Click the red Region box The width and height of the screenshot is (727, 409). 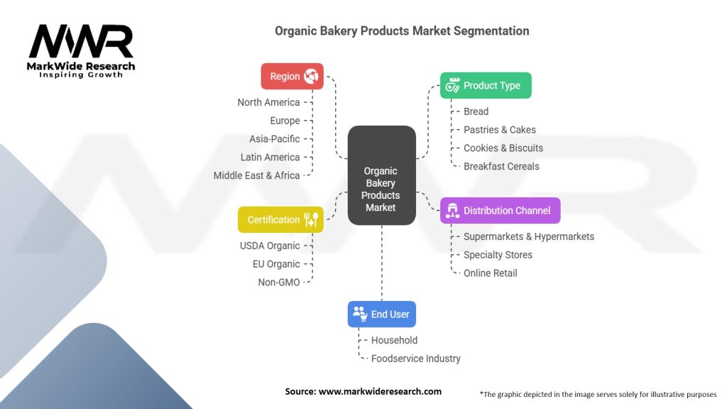pyautogui.click(x=292, y=76)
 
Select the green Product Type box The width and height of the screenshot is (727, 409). pyautogui.click(x=485, y=85)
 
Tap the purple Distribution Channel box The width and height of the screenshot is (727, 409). pyautogui.click(x=500, y=210)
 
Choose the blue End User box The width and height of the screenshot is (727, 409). pyautogui.click(x=381, y=314)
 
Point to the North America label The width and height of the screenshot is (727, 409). pyautogui.click(x=268, y=102)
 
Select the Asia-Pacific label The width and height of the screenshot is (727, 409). pyautogui.click(x=274, y=138)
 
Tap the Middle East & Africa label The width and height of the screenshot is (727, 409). pyautogui.click(x=256, y=175)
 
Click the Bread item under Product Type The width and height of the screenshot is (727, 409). pyautogui.click(x=476, y=111)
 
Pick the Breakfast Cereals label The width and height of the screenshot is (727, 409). pyautogui.click(x=501, y=166)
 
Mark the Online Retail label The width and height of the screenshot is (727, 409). pyautogui.click(x=490, y=273)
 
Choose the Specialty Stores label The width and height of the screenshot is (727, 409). pyautogui.click(x=498, y=254)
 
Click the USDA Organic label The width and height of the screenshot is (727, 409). pyautogui.click(x=270, y=246)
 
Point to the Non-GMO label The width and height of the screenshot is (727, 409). pyautogui.click(x=278, y=282)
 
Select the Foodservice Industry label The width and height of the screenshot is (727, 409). pyautogui.click(x=415, y=359)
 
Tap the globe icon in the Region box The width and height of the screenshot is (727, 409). pyautogui.click(x=311, y=76)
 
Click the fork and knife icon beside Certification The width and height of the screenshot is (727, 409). pyautogui.click(x=311, y=219)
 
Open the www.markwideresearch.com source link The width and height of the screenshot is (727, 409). pyautogui.click(x=379, y=391)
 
